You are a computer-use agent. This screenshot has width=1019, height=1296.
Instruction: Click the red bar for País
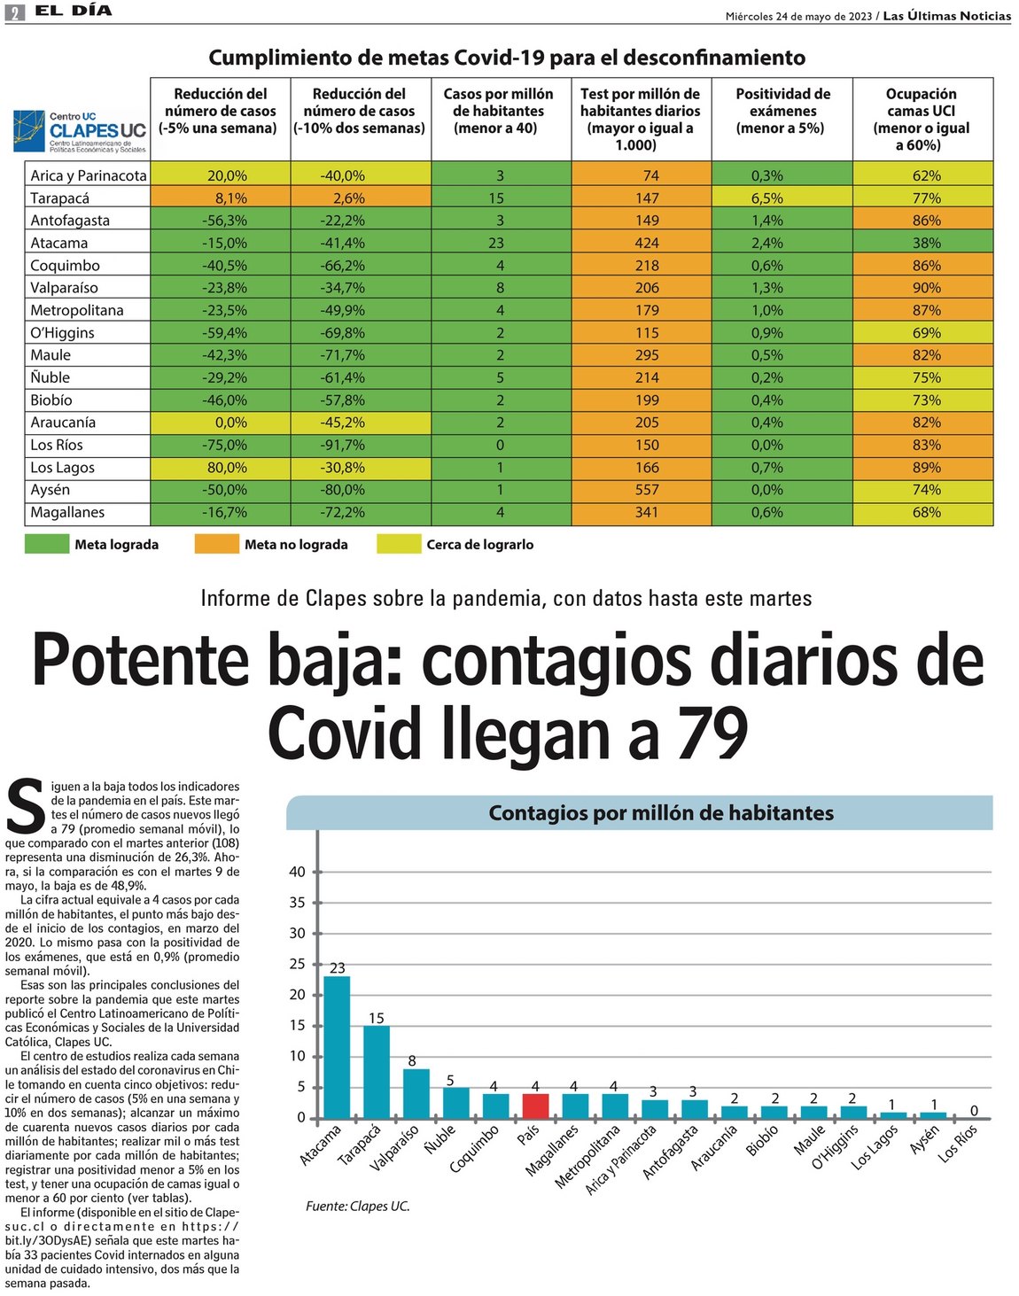point(535,1106)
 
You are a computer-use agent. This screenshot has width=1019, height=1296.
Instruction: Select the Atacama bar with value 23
point(337,1045)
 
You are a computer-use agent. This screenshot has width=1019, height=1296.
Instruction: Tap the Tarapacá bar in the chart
point(377,1071)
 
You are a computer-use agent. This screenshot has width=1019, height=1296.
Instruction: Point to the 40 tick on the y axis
point(297,872)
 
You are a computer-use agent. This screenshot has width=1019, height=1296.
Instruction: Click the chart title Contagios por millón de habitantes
point(661,812)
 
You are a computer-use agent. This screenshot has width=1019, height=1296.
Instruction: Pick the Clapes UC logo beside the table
point(80,131)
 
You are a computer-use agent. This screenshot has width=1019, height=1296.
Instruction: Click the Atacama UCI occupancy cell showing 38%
point(926,243)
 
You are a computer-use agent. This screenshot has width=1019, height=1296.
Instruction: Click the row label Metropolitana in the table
point(77,310)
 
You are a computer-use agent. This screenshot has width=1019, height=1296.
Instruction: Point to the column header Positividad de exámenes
point(782,111)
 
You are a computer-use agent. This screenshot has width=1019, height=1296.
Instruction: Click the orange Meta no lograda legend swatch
point(216,544)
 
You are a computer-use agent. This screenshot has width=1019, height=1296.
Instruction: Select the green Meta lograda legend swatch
point(47,544)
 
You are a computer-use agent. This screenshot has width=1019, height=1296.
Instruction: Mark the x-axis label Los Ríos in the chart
point(958,1143)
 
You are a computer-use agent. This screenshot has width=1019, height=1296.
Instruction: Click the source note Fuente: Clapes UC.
point(358,1206)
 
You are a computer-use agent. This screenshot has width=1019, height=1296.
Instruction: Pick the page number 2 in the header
point(14,12)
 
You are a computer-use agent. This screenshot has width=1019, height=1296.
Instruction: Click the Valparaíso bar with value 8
point(416,1093)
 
